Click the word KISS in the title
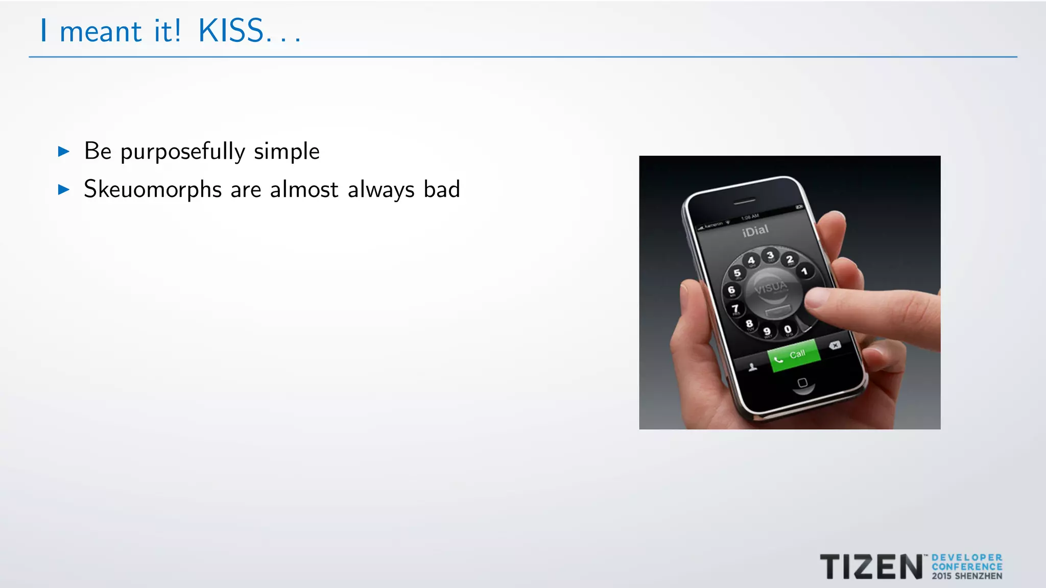click(x=231, y=31)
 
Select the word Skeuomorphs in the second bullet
click(x=153, y=189)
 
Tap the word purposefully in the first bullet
click(x=183, y=152)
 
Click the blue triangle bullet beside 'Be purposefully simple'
click(x=64, y=151)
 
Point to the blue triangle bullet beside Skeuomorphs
click(x=64, y=190)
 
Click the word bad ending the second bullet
click(x=442, y=189)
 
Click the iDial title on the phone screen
click(x=755, y=231)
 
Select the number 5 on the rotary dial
click(x=737, y=273)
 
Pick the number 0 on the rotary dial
click(x=788, y=330)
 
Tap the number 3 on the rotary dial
click(x=770, y=255)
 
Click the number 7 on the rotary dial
click(x=735, y=308)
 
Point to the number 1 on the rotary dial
click(x=804, y=271)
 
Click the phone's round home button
click(x=802, y=383)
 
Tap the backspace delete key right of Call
click(x=835, y=346)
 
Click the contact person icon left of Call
click(x=752, y=367)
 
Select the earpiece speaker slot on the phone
click(x=744, y=202)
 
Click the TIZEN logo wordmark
click(x=871, y=567)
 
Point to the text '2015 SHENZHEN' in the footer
click(x=967, y=576)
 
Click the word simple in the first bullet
click(x=287, y=152)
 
